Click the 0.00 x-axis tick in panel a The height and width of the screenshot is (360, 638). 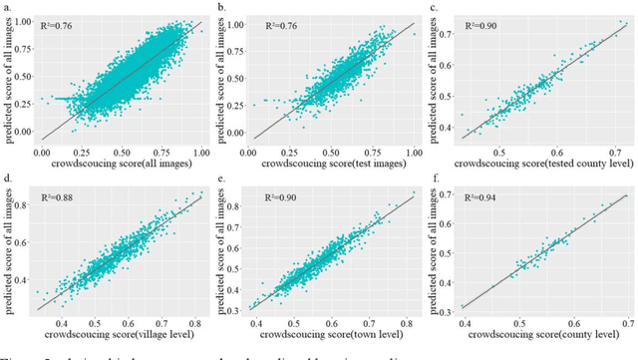click(x=41, y=151)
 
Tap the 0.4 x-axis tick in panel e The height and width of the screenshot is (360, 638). click(x=255, y=325)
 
